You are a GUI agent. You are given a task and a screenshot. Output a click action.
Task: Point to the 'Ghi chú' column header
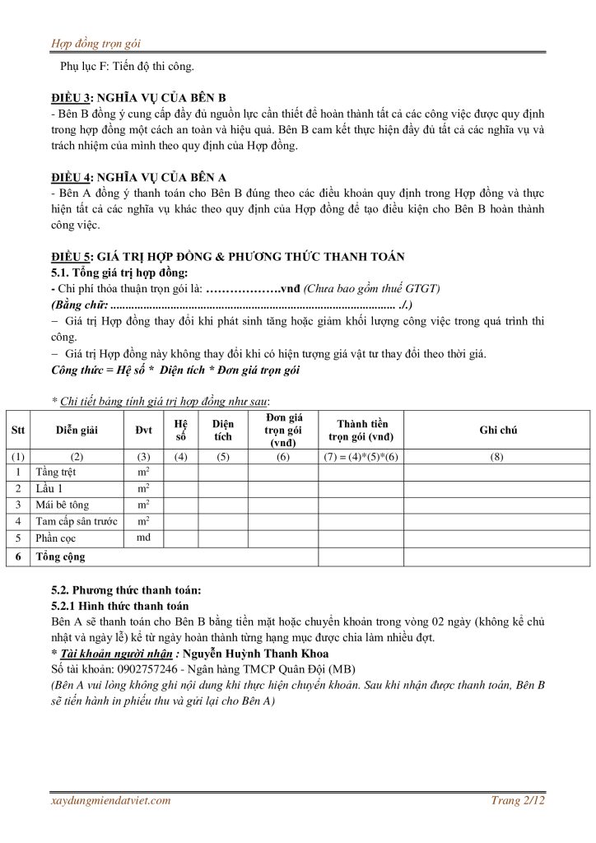pyautogui.click(x=498, y=431)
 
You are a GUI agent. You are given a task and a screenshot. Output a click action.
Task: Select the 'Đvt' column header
pyautogui.click(x=143, y=431)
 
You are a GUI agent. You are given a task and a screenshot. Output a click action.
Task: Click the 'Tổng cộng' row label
pyautogui.click(x=60, y=557)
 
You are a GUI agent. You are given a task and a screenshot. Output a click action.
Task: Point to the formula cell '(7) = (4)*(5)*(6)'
pyautogui.click(x=360, y=456)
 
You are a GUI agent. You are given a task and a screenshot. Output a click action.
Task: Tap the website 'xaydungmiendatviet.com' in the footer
pyautogui.click(x=110, y=799)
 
